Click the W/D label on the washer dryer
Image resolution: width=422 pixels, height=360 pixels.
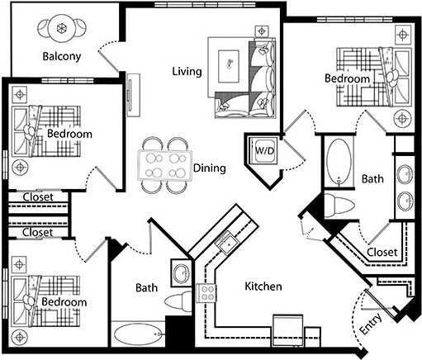263,152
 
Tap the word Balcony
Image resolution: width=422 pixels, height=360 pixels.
62,57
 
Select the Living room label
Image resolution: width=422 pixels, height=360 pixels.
187,71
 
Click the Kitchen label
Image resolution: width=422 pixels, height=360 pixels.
263,287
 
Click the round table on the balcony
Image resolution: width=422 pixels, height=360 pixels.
63,27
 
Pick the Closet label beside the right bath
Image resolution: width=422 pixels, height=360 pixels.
381,252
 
